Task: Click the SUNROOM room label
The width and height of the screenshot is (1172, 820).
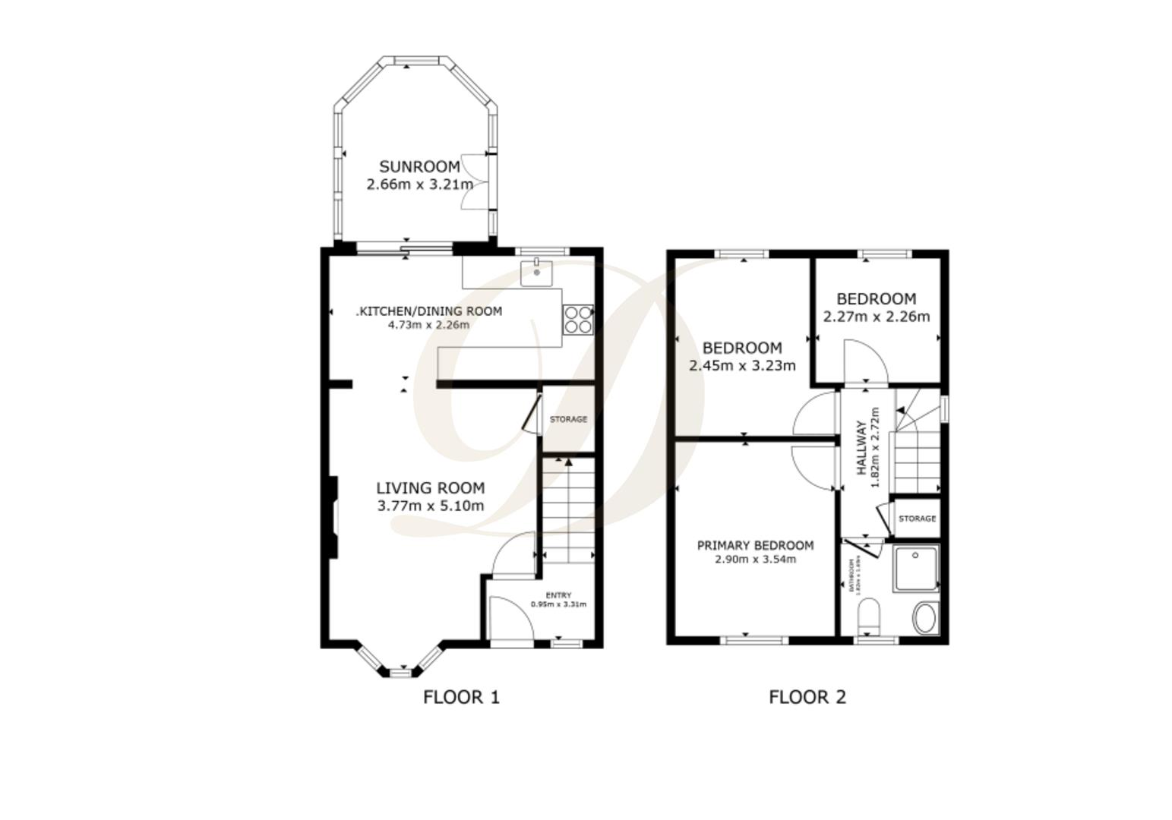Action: tap(419, 166)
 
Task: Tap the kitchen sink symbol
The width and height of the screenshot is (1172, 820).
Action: tap(537, 271)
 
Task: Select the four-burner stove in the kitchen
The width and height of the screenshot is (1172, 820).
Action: tap(577, 319)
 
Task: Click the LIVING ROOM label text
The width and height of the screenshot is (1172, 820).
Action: tap(431, 488)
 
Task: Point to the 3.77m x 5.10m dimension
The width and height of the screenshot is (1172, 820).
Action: tap(431, 506)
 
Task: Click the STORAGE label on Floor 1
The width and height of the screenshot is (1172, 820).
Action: tap(568, 419)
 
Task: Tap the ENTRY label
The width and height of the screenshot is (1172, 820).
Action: tap(558, 595)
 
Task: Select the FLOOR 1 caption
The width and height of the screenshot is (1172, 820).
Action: tap(461, 696)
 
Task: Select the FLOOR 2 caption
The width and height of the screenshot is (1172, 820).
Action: tap(807, 696)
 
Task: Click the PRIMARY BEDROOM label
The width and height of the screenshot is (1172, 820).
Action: tap(755, 545)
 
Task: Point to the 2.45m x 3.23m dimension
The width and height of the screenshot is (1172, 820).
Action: tap(742, 366)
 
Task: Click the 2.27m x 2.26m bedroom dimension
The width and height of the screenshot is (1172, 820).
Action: tap(876, 317)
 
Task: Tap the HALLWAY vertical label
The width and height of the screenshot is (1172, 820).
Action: tap(861, 448)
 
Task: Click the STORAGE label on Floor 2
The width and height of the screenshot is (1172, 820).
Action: tap(917, 519)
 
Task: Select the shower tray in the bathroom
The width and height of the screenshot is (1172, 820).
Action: tap(916, 568)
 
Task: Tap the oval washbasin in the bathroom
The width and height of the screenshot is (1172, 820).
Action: tap(925, 618)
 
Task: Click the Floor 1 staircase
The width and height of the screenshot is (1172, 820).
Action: tap(568, 509)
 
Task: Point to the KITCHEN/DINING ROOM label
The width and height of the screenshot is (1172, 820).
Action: tap(430, 311)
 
